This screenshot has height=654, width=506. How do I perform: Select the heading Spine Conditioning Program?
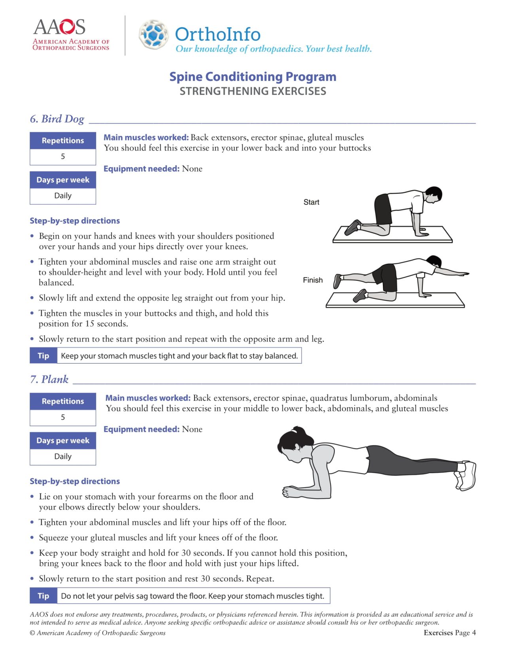[253, 77]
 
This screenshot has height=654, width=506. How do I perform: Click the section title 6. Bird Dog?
[57, 119]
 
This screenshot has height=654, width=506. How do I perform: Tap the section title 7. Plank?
[49, 380]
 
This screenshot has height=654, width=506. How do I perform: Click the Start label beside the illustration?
[311, 202]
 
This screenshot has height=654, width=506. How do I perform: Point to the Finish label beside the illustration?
[313, 280]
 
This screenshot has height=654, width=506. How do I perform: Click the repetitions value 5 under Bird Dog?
[63, 157]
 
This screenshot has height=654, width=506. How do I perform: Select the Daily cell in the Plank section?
[63, 457]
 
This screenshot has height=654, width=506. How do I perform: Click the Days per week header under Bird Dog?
[63, 180]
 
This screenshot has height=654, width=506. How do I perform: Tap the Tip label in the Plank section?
[43, 596]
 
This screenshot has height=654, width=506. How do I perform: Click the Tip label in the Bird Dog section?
[43, 356]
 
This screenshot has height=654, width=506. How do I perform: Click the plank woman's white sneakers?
[467, 475]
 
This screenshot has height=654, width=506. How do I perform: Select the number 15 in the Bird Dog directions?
[90, 324]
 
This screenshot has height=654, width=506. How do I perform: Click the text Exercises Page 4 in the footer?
[449, 633]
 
